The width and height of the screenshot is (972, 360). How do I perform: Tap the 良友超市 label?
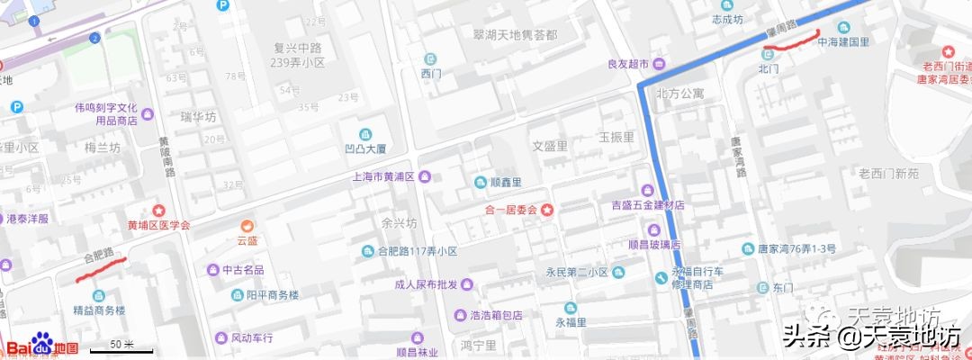(x=628, y=64)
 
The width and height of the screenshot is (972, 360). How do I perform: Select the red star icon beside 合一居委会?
(x=547, y=210)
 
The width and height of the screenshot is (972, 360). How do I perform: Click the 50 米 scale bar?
(x=121, y=346)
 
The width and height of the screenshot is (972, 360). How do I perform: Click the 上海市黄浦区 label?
(x=382, y=176)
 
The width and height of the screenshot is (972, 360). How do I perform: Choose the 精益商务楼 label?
(x=99, y=310)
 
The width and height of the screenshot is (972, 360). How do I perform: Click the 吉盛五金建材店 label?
(x=648, y=205)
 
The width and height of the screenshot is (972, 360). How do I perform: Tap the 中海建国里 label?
(x=842, y=41)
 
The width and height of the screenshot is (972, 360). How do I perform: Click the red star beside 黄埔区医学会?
(x=159, y=210)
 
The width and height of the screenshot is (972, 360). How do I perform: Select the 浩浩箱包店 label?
(x=496, y=315)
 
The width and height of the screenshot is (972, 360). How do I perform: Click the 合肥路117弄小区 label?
(x=417, y=251)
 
